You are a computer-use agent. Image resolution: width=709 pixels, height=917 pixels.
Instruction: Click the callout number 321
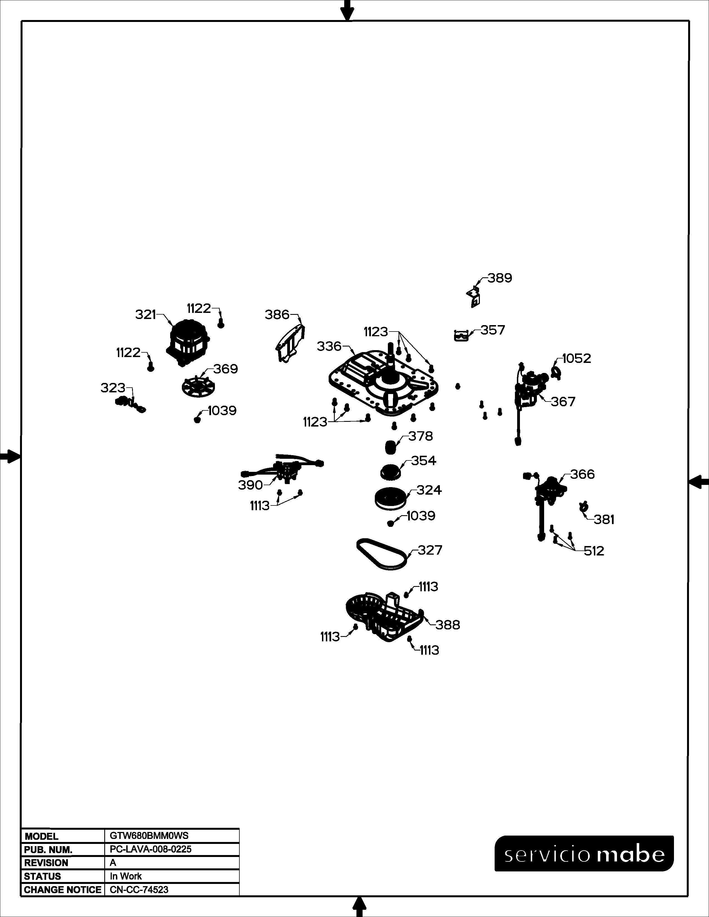click(x=145, y=315)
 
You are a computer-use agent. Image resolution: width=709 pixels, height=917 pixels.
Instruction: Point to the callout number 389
click(x=500, y=278)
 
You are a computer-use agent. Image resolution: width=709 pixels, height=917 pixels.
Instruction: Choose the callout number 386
click(x=277, y=315)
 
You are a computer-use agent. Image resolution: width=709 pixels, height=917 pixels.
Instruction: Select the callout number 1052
click(x=576, y=358)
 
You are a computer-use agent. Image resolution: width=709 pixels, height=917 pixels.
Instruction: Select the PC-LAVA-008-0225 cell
click(x=150, y=849)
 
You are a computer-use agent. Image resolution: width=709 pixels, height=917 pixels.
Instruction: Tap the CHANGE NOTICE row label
click(x=63, y=890)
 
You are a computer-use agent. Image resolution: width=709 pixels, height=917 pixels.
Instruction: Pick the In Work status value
click(x=126, y=876)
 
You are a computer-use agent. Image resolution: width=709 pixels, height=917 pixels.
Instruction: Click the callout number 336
click(x=329, y=347)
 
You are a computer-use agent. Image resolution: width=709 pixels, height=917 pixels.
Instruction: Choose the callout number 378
click(x=420, y=436)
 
